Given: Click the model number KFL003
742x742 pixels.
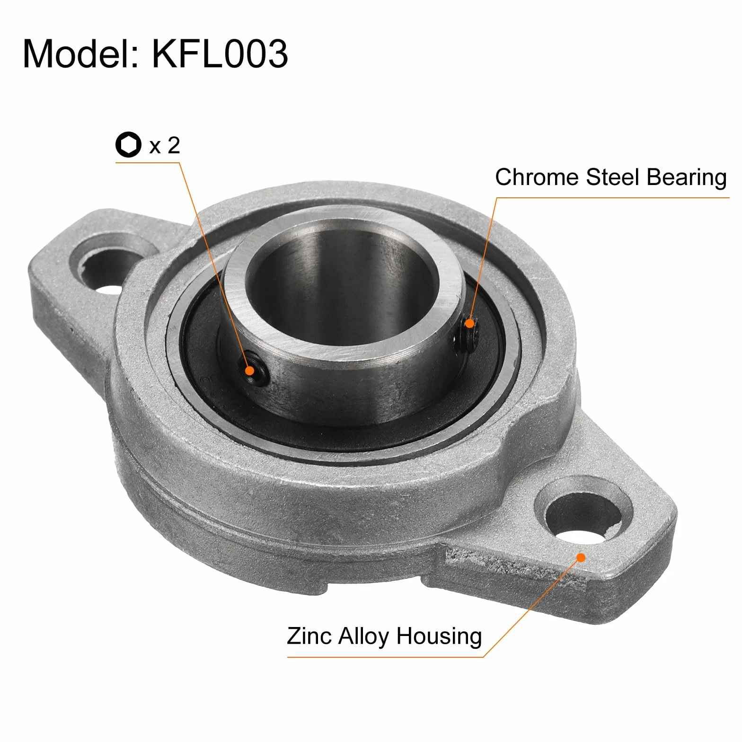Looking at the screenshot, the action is (220, 53).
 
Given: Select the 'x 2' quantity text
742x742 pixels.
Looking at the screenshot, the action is (165, 145).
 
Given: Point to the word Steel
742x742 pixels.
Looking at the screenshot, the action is (613, 177).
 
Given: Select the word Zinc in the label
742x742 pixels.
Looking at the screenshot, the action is (309, 636).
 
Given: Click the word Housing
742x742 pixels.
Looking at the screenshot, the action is (439, 637).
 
